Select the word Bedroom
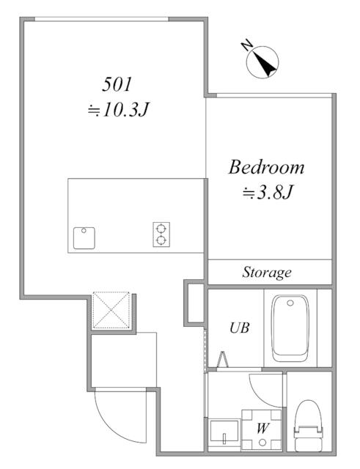point(266,168)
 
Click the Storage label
point(267,273)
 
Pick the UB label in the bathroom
point(239,328)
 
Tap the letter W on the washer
point(262,429)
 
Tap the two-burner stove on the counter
point(161,234)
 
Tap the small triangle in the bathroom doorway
point(223,359)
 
